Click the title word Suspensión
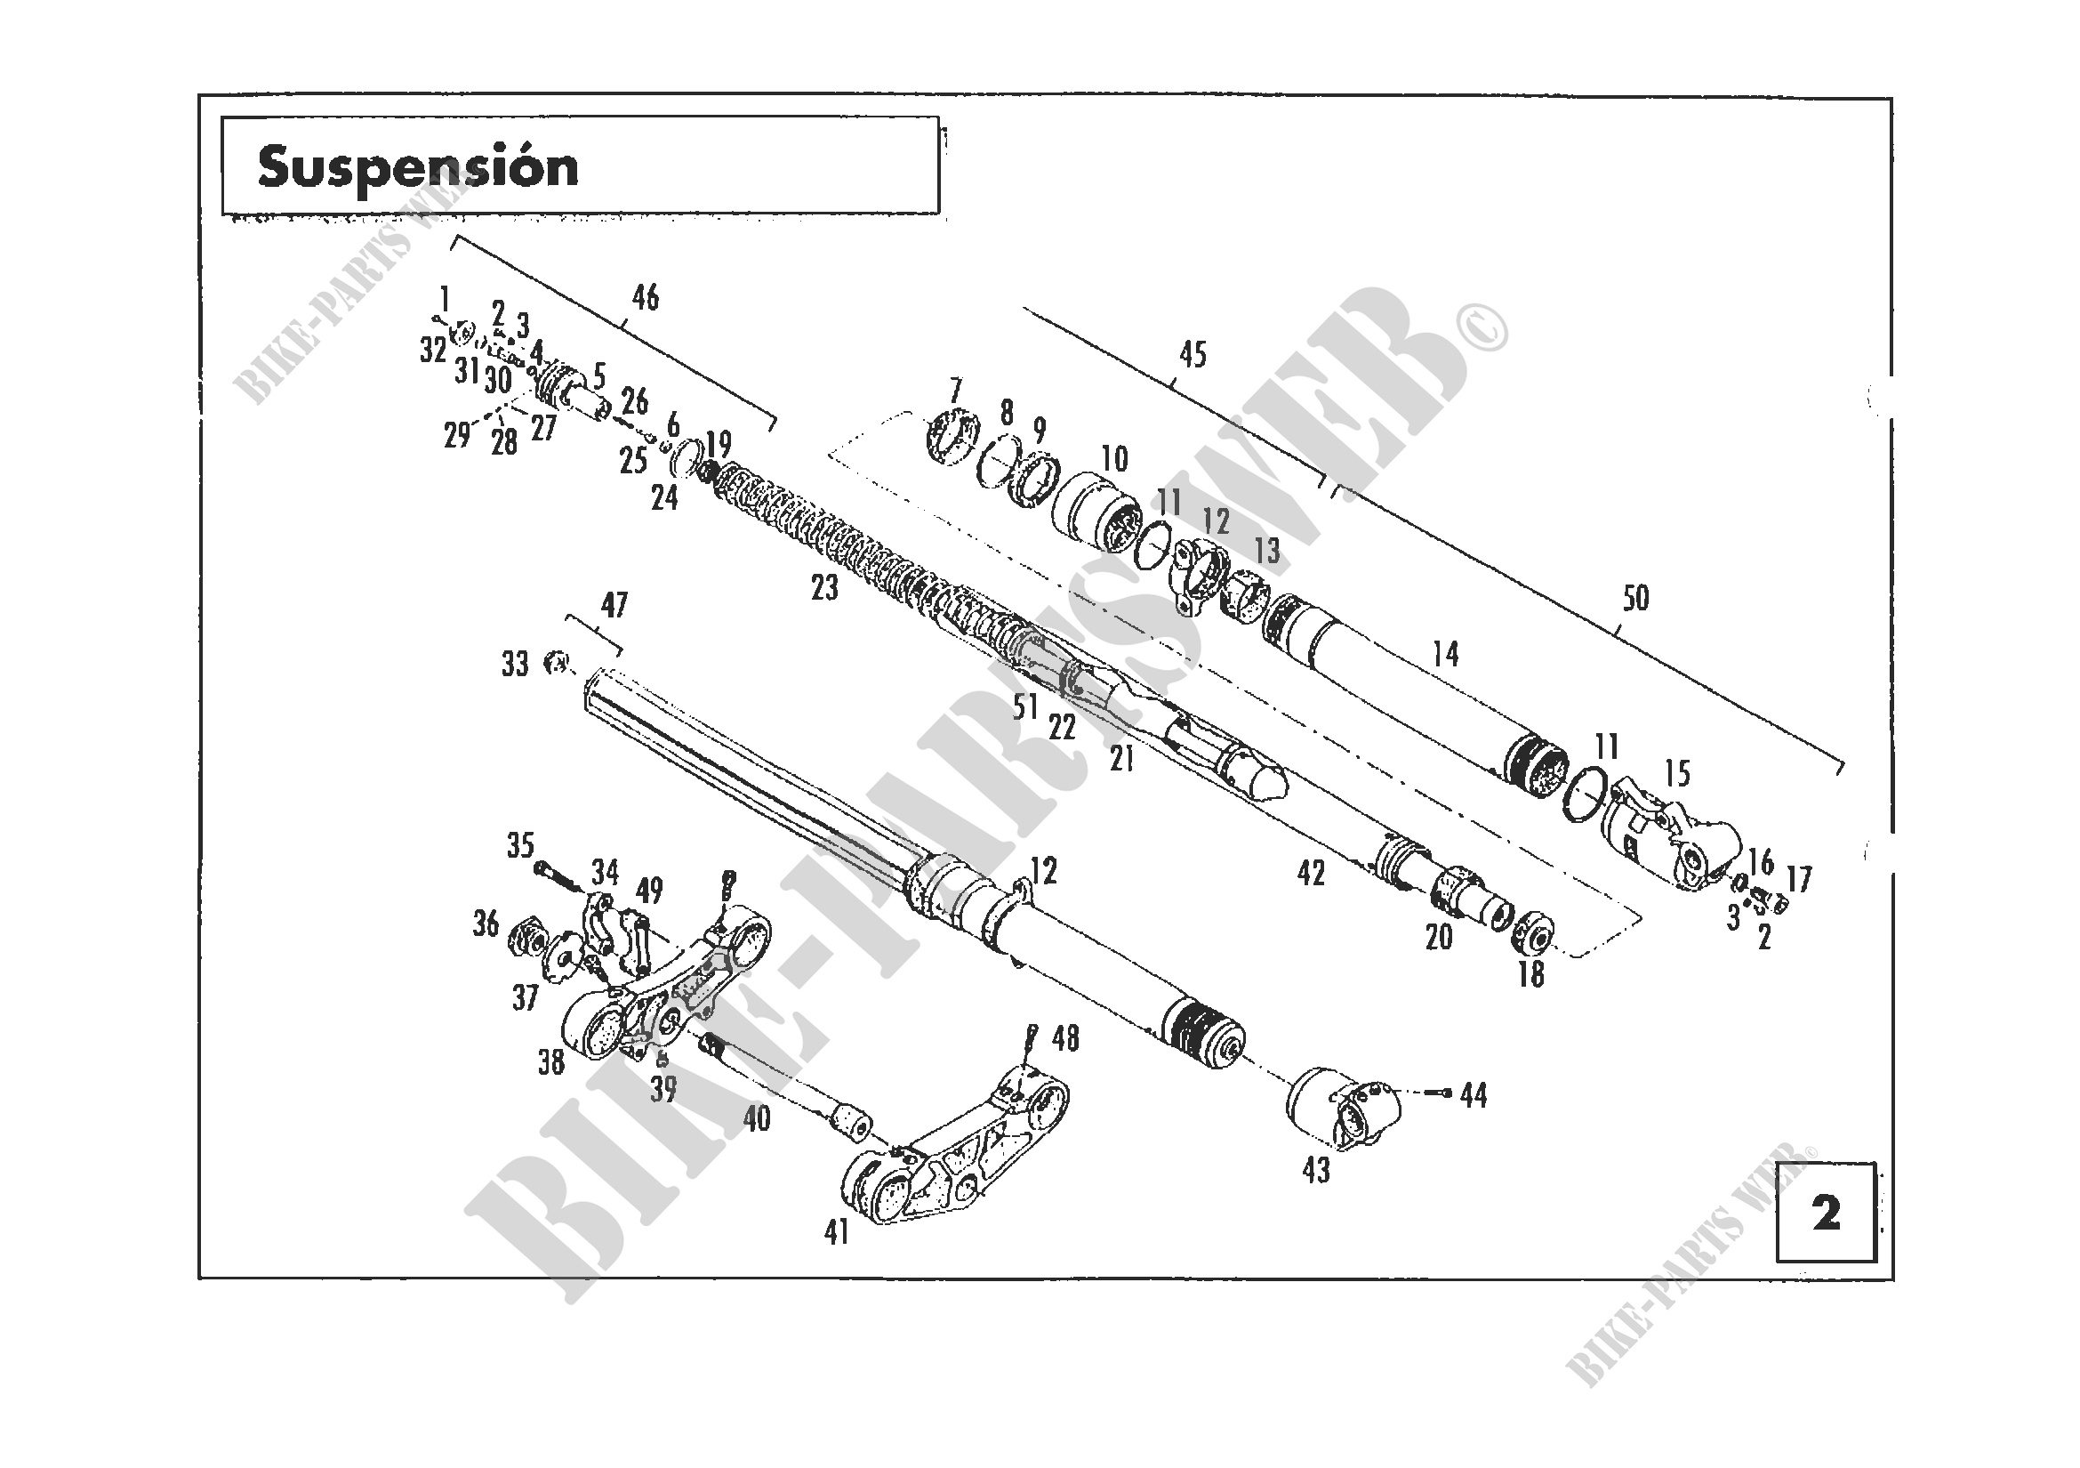click(x=418, y=167)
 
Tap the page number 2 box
click(x=1826, y=1214)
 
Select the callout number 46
click(x=645, y=297)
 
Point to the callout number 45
click(x=1193, y=355)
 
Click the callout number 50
click(x=1635, y=598)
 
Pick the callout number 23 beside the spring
click(x=824, y=588)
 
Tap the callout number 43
click(x=1315, y=1170)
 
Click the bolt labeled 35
click(x=554, y=875)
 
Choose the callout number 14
click(x=1445, y=653)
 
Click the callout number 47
click(x=614, y=605)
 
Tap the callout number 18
click(x=1530, y=975)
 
